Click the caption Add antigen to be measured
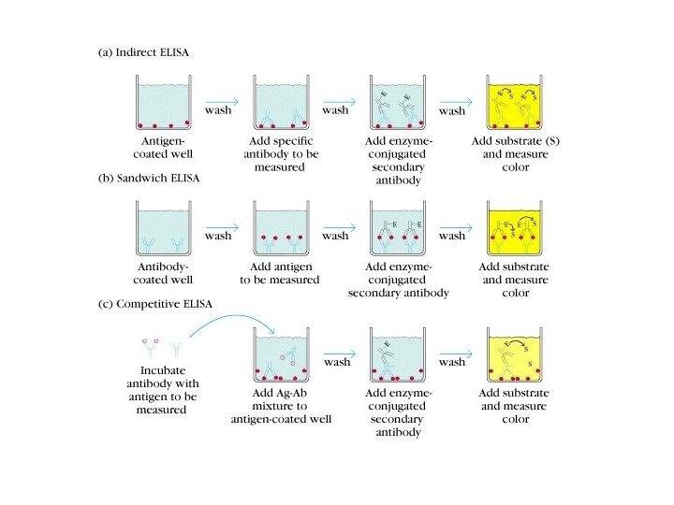pos(279,272)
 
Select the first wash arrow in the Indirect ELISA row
pos(221,101)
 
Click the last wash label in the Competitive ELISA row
pos(452,361)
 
